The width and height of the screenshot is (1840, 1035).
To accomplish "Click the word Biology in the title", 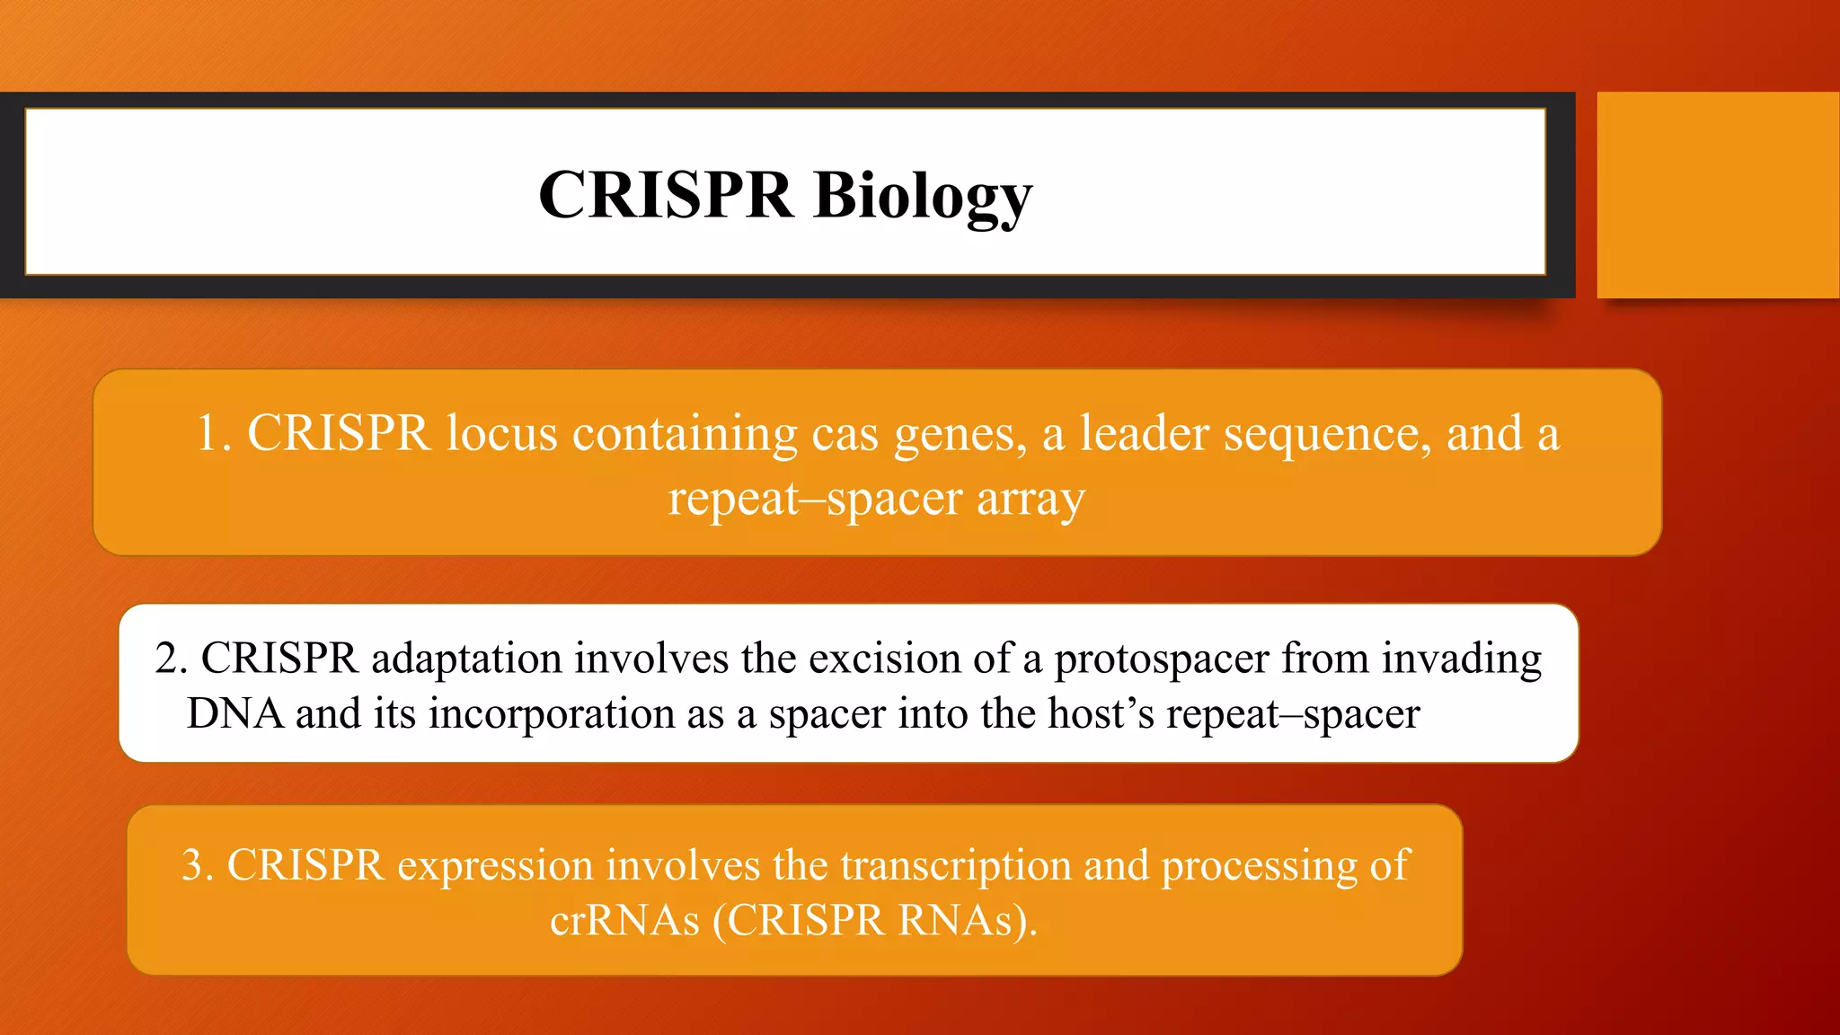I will (x=923, y=195).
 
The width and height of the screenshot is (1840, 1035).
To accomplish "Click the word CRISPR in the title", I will (x=666, y=195).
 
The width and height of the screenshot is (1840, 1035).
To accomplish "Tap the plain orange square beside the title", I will (x=1717, y=195).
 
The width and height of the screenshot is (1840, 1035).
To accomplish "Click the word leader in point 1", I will (x=1144, y=433).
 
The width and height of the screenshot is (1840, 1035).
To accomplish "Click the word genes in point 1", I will (x=959, y=435).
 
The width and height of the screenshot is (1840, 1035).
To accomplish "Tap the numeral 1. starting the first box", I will (x=214, y=433).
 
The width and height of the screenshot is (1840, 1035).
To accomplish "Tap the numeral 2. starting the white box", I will (x=171, y=659).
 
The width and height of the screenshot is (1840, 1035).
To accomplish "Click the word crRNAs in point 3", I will (x=624, y=921).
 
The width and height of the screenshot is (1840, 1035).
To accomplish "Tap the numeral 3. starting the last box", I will (x=198, y=866).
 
